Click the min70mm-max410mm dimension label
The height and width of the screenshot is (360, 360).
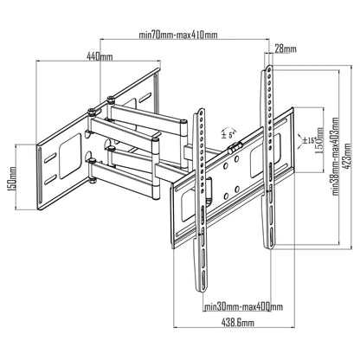point(177,35)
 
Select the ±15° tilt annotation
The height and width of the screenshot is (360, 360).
point(308,138)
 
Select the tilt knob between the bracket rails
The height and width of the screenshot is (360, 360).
point(233,148)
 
